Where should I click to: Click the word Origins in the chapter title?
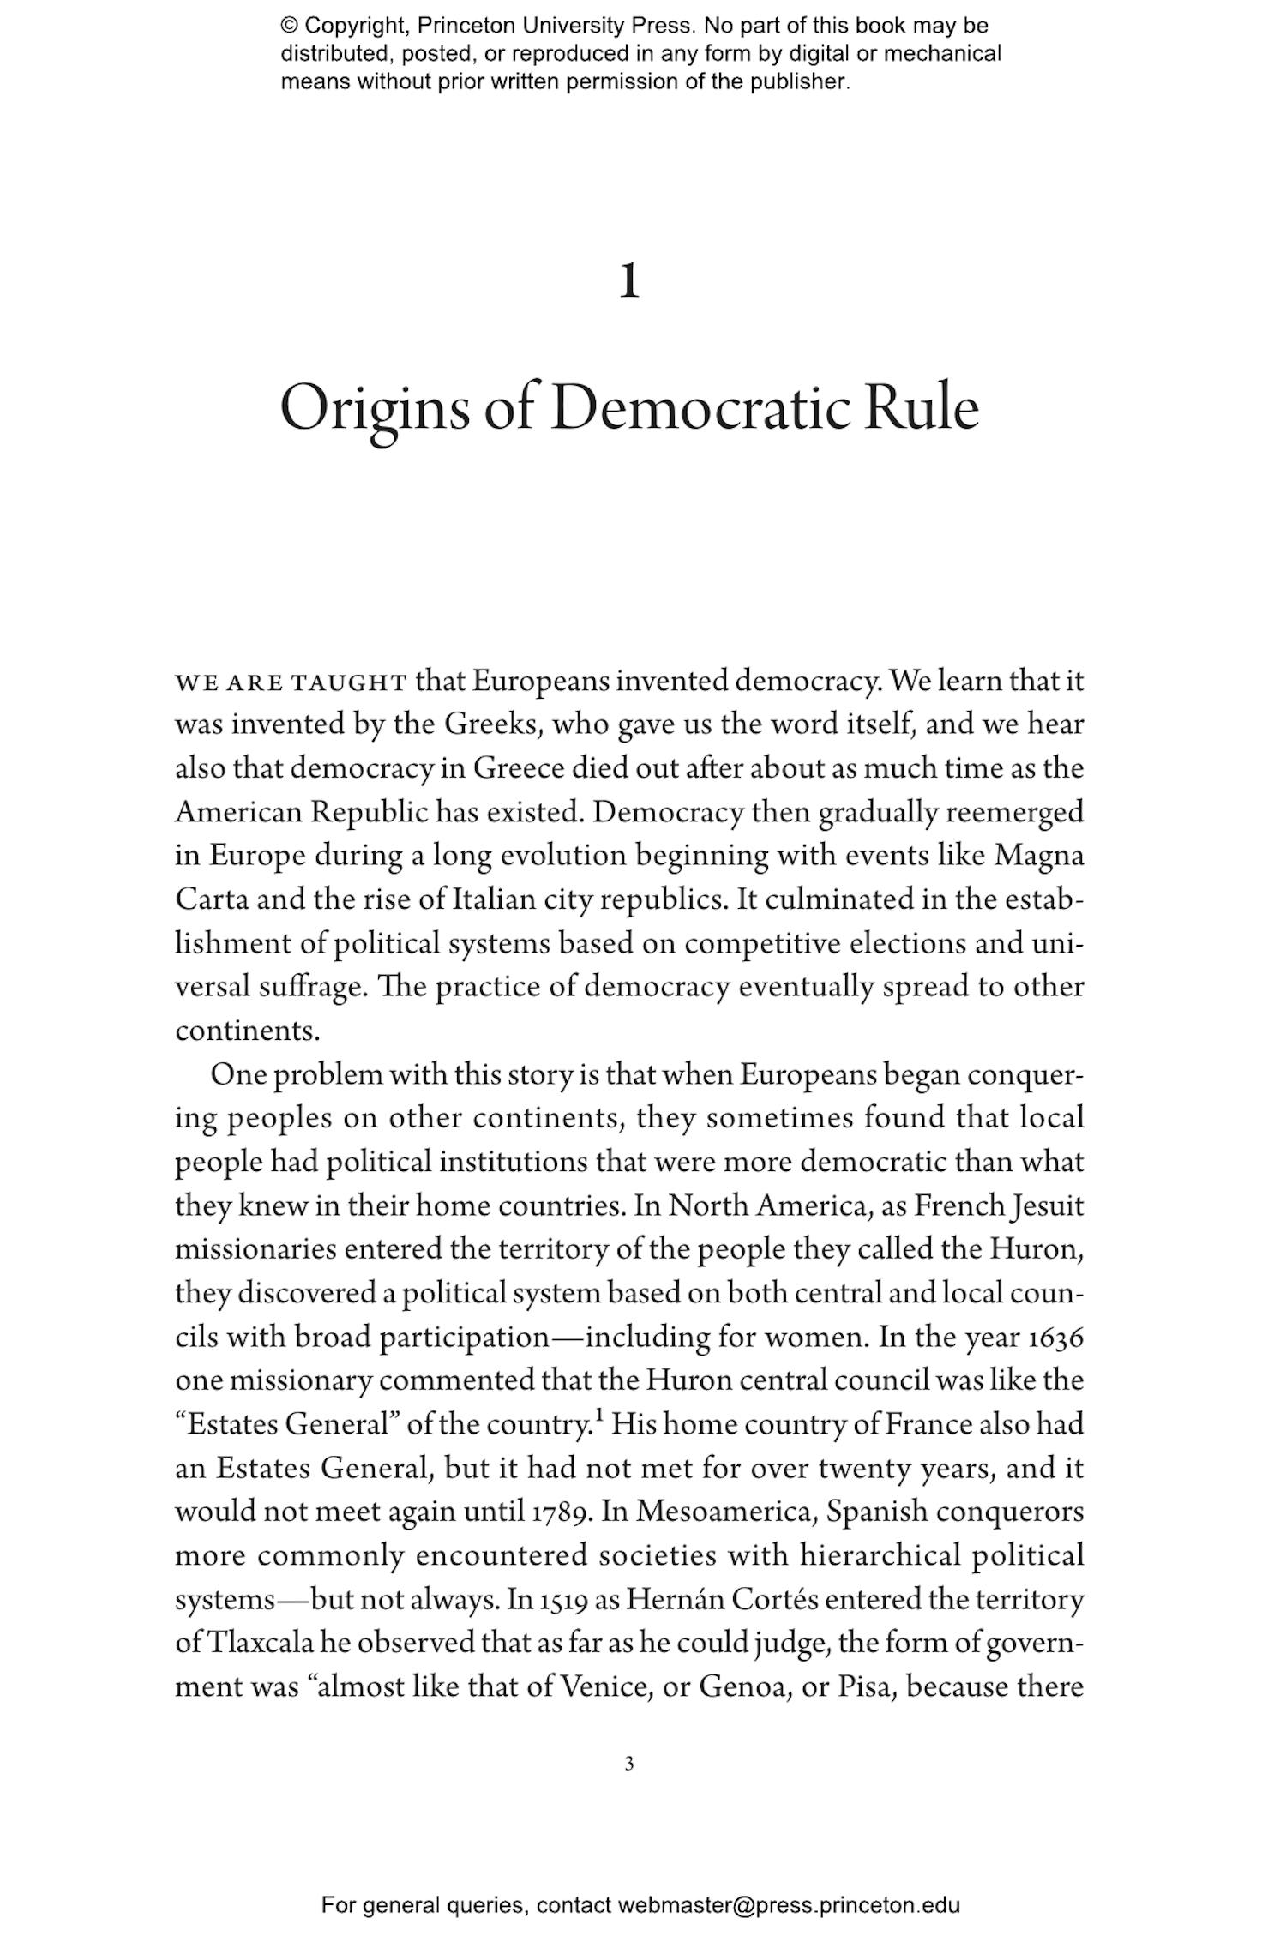375,411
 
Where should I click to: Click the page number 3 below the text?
629,1765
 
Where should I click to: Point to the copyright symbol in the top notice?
288,26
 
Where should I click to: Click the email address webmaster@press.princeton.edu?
789,1905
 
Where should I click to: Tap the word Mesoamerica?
724,1512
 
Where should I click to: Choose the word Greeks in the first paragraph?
490,725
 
